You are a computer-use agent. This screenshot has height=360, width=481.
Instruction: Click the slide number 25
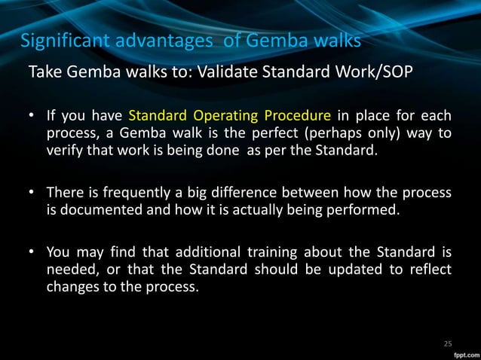click(448, 344)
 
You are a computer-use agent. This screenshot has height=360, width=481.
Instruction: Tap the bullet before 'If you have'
click(33, 117)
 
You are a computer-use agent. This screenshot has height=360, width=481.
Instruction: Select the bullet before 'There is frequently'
click(33, 195)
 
